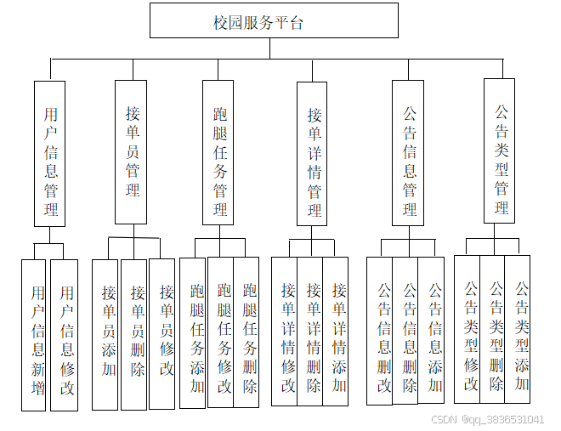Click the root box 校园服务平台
[x=274, y=21]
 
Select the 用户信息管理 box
[x=50, y=153]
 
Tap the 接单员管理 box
[x=131, y=151]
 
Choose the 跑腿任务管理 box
[x=218, y=152]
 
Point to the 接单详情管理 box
[x=312, y=153]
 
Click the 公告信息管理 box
[x=408, y=153]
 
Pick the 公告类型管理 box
[x=500, y=150]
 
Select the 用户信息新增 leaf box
[x=34, y=335]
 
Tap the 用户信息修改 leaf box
[x=65, y=335]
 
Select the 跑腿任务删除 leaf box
[x=247, y=332]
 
